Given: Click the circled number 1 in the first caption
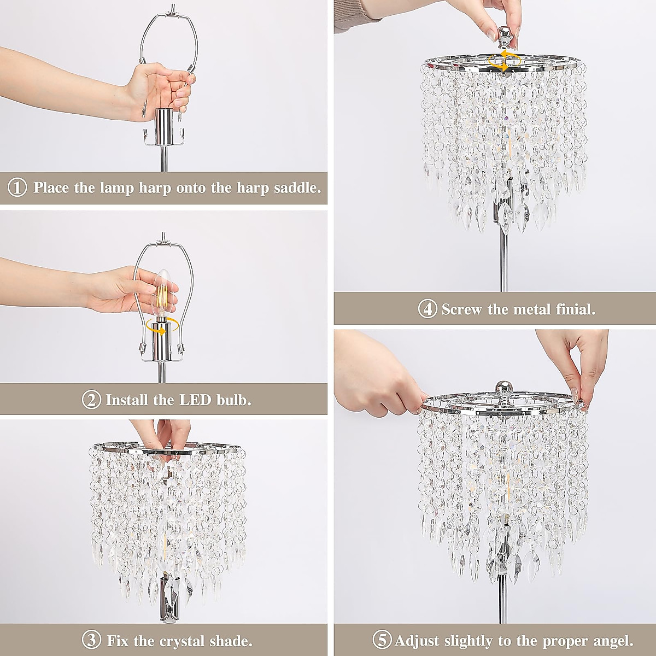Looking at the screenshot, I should pos(17,188).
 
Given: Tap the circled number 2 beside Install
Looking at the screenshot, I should pos(91,400).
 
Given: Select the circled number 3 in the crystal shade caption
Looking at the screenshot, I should pos(92,639).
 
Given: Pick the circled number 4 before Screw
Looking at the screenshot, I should pos(427,309).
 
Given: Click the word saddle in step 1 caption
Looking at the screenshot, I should pos(295,188).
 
